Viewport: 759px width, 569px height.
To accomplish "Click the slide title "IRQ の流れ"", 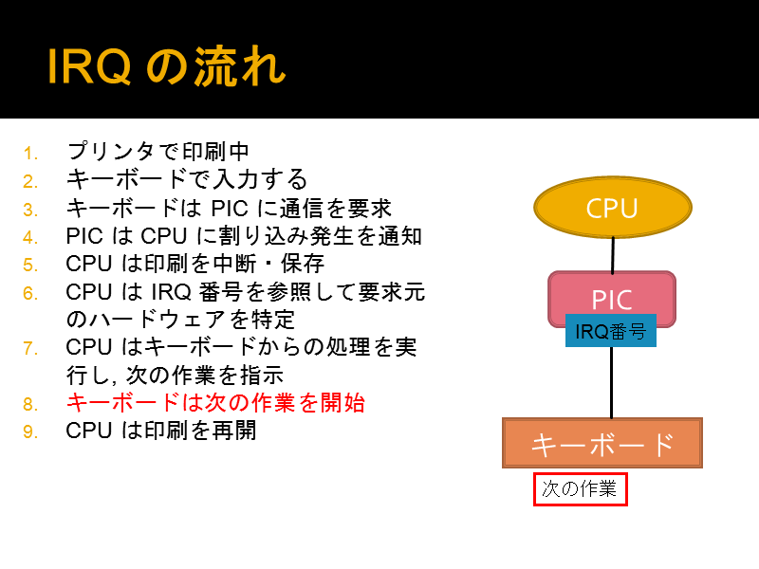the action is click(167, 66).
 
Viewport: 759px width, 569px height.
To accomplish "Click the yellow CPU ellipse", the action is click(613, 207).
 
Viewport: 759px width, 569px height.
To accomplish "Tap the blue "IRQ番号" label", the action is click(611, 331).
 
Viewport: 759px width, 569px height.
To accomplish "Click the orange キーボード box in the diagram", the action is click(602, 443).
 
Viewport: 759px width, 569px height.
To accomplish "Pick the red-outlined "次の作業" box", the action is click(581, 489).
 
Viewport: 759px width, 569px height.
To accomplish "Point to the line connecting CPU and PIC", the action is click(613, 255).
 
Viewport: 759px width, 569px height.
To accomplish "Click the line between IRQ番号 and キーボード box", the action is click(611, 382).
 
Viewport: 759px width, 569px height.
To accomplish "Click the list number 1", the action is click(30, 154).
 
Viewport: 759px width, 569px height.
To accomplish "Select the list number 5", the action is click(30, 266).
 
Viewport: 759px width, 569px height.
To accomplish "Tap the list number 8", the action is click(30, 405).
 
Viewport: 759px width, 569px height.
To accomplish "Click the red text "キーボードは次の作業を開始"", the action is click(215, 402).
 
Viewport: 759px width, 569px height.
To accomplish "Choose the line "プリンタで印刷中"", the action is click(157, 152).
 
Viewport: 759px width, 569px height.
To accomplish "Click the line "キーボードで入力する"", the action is click(187, 179).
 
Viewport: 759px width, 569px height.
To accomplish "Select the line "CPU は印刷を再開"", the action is click(160, 431).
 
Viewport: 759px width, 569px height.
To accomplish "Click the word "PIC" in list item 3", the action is click(230, 209).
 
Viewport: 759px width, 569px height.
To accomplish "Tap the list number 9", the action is click(30, 432).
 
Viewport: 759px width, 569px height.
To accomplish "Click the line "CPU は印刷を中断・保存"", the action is click(194, 264).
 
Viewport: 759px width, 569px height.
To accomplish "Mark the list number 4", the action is click(30, 238).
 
